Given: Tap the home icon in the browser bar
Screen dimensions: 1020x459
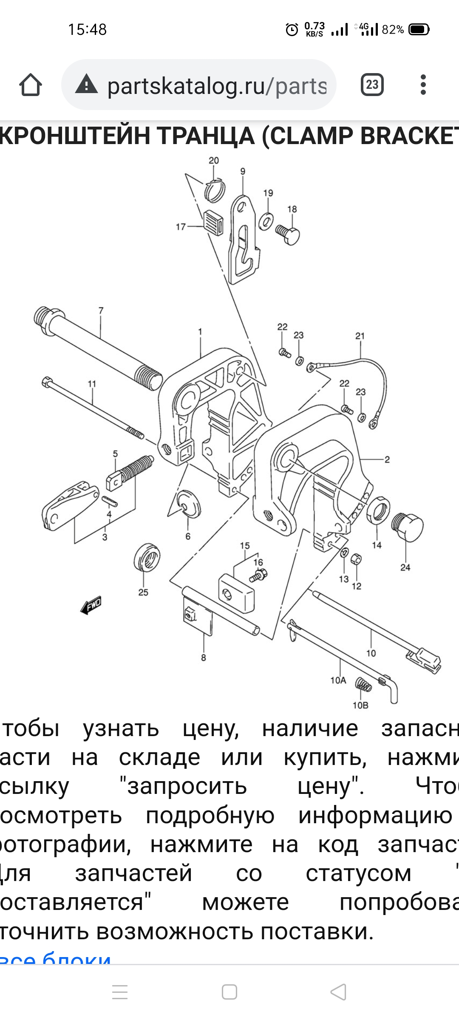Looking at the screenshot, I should coord(31,85).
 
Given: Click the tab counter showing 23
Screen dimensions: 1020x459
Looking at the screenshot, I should coord(372,85).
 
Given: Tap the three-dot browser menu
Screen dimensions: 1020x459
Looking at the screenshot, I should coord(423,85).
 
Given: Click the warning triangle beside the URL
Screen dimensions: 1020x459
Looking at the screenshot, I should coord(86,84).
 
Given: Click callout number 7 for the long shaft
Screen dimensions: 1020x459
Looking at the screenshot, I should coord(101,311).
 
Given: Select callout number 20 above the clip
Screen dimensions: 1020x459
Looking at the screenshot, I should coord(214,161).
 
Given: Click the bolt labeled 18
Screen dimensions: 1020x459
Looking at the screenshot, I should coord(289,234).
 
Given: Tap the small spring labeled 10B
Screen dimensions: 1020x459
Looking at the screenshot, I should coord(363,685).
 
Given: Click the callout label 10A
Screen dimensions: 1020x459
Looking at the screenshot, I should coord(338,680).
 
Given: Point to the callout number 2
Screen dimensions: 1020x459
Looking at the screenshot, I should coord(387,459).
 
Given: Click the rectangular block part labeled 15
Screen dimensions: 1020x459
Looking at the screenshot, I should coord(236,593).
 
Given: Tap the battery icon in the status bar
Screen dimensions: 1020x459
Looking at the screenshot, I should coord(419,30).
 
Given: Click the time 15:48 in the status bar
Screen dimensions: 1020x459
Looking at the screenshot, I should coord(87,30).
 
